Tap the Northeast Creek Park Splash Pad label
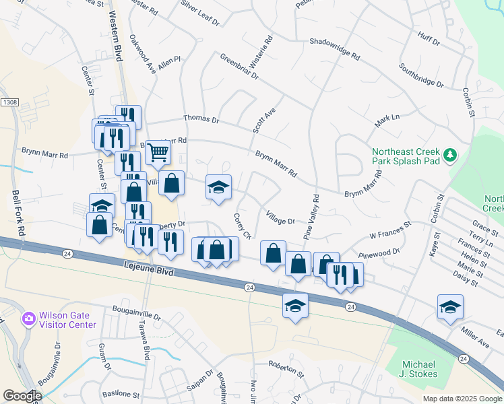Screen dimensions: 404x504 pos(406,157)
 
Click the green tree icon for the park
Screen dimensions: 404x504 pos(450,156)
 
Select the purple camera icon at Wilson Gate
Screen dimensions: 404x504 pos(29,318)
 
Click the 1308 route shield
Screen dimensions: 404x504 pos(9,102)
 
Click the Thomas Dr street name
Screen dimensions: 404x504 pos(201,119)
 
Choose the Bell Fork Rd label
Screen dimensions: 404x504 pos(19,212)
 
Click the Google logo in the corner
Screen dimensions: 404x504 pos(22,396)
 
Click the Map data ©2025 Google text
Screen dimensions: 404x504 pos(462,398)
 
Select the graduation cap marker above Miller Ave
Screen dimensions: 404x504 pos(450,306)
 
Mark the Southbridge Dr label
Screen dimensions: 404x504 pos(421,76)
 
